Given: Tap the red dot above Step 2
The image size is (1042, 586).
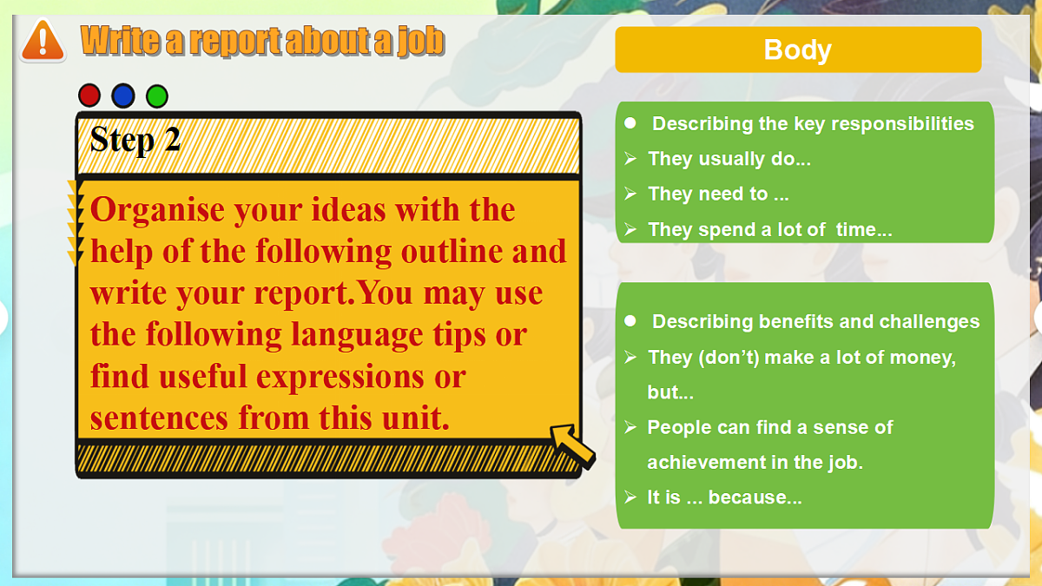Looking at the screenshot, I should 89,95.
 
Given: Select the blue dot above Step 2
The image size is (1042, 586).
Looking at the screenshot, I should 123,95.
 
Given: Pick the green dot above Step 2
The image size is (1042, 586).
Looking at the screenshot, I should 157,95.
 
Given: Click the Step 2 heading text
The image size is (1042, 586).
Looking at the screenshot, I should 135,140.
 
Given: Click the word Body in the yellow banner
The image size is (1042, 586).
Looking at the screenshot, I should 797,49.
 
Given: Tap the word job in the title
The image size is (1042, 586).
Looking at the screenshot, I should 422,40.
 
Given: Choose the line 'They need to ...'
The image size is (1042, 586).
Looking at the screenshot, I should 718,194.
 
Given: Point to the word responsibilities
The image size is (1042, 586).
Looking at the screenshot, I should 901,123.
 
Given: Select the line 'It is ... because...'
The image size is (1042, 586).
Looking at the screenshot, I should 724,498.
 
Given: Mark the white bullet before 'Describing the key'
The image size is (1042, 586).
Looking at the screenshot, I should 630,123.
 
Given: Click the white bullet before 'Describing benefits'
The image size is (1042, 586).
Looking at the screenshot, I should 630,321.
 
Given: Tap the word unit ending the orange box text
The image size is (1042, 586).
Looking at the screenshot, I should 412,419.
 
